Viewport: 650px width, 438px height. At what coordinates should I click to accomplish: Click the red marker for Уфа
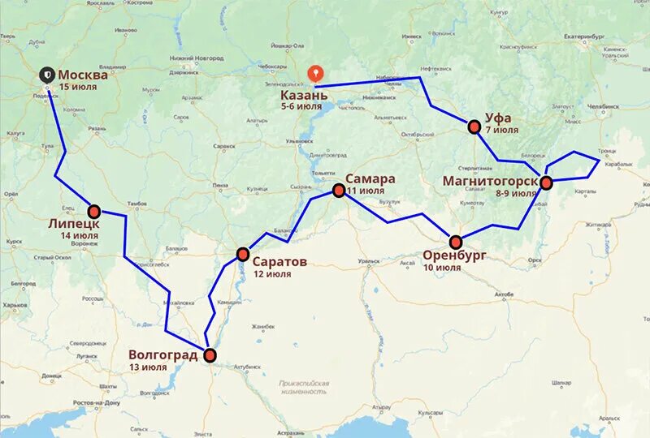(x=474, y=127)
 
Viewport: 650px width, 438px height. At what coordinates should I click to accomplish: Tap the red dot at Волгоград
(x=210, y=355)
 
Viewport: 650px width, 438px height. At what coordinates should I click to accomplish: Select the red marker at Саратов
(x=242, y=255)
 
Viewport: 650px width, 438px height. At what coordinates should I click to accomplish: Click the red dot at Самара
(x=339, y=191)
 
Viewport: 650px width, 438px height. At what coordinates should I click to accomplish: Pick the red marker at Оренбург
(x=456, y=242)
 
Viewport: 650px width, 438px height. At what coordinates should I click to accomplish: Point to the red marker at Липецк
(x=94, y=211)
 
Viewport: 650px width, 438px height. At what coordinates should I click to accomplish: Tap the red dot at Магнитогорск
(x=546, y=182)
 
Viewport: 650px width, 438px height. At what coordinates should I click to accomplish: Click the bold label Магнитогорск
(x=489, y=180)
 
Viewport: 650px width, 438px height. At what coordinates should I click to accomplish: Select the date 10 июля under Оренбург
(x=443, y=267)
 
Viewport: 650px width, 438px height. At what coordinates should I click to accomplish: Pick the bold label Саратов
(x=279, y=262)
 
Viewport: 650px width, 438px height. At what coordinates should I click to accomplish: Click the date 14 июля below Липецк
(x=80, y=236)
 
